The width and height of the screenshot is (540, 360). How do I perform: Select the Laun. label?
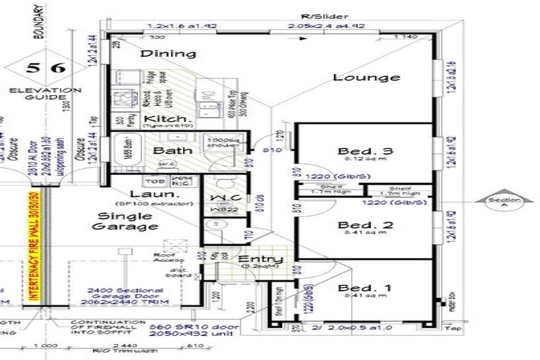pyautogui.click(x=146, y=195)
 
